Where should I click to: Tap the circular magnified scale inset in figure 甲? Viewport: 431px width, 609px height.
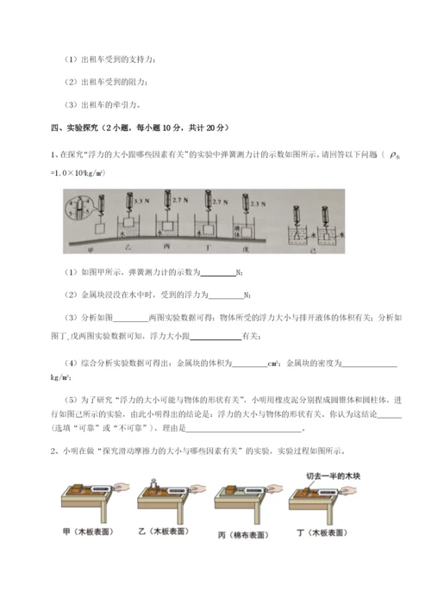tap(78, 208)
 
